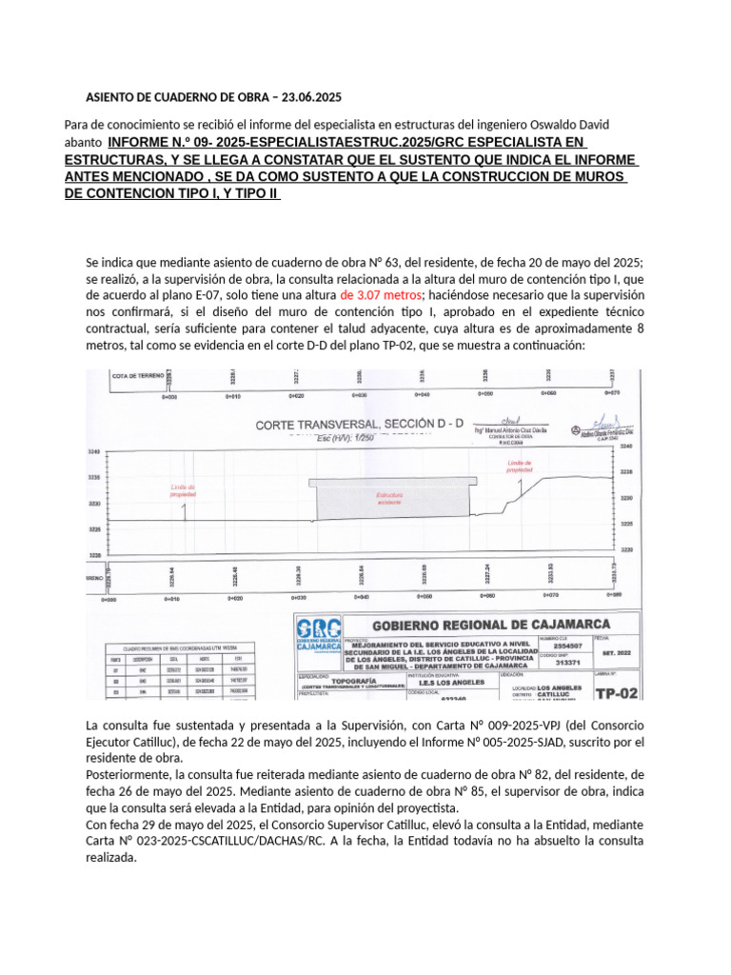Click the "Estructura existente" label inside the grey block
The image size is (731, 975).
[390, 497]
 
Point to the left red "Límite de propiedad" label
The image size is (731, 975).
[184, 491]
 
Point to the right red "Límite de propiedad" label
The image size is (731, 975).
[520, 466]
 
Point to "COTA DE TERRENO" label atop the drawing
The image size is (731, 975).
[139, 376]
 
